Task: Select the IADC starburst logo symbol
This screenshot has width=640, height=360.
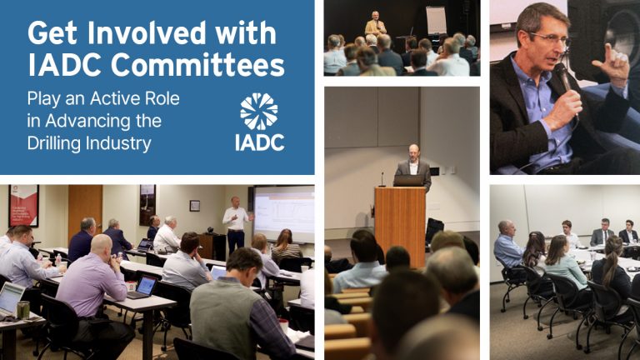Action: (x=259, y=111)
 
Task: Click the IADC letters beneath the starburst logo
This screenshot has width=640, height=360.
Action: (x=260, y=142)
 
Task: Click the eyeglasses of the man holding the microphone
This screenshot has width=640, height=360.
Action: (x=550, y=39)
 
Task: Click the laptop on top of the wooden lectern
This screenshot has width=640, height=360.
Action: (x=408, y=180)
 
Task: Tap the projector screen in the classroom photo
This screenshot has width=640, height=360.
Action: (x=283, y=213)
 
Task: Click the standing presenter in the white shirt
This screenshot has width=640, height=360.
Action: (x=236, y=220)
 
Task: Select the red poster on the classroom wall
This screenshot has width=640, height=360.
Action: (x=23, y=205)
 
